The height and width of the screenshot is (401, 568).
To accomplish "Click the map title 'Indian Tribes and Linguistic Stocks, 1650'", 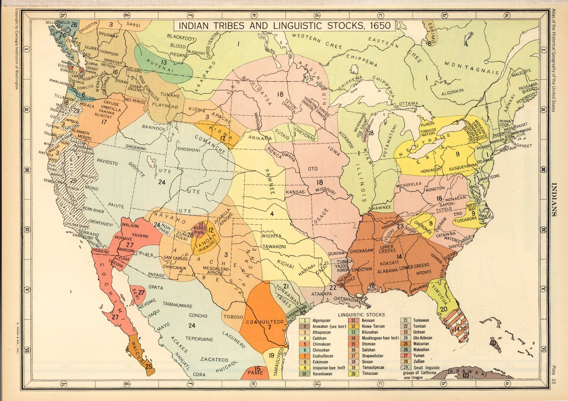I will pyautogui.click(x=285, y=26).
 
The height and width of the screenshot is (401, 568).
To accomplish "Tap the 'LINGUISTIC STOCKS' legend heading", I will pyautogui.click(x=361, y=314).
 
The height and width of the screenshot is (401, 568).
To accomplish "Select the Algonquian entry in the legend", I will pyautogui.click(x=321, y=321).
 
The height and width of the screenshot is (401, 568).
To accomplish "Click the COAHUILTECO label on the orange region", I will pyautogui.click(x=265, y=322).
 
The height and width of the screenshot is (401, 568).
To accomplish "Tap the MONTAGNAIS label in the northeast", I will pyautogui.click(x=472, y=67).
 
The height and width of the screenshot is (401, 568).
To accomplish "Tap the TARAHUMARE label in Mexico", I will pyautogui.click(x=177, y=305).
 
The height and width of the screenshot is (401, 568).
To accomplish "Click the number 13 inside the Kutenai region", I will pyautogui.click(x=163, y=62).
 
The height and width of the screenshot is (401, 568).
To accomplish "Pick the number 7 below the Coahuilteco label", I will pyautogui.click(x=269, y=327).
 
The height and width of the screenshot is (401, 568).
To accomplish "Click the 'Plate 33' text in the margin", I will pyautogui.click(x=553, y=375).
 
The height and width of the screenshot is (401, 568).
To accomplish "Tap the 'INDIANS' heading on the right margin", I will pyautogui.click(x=554, y=200).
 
